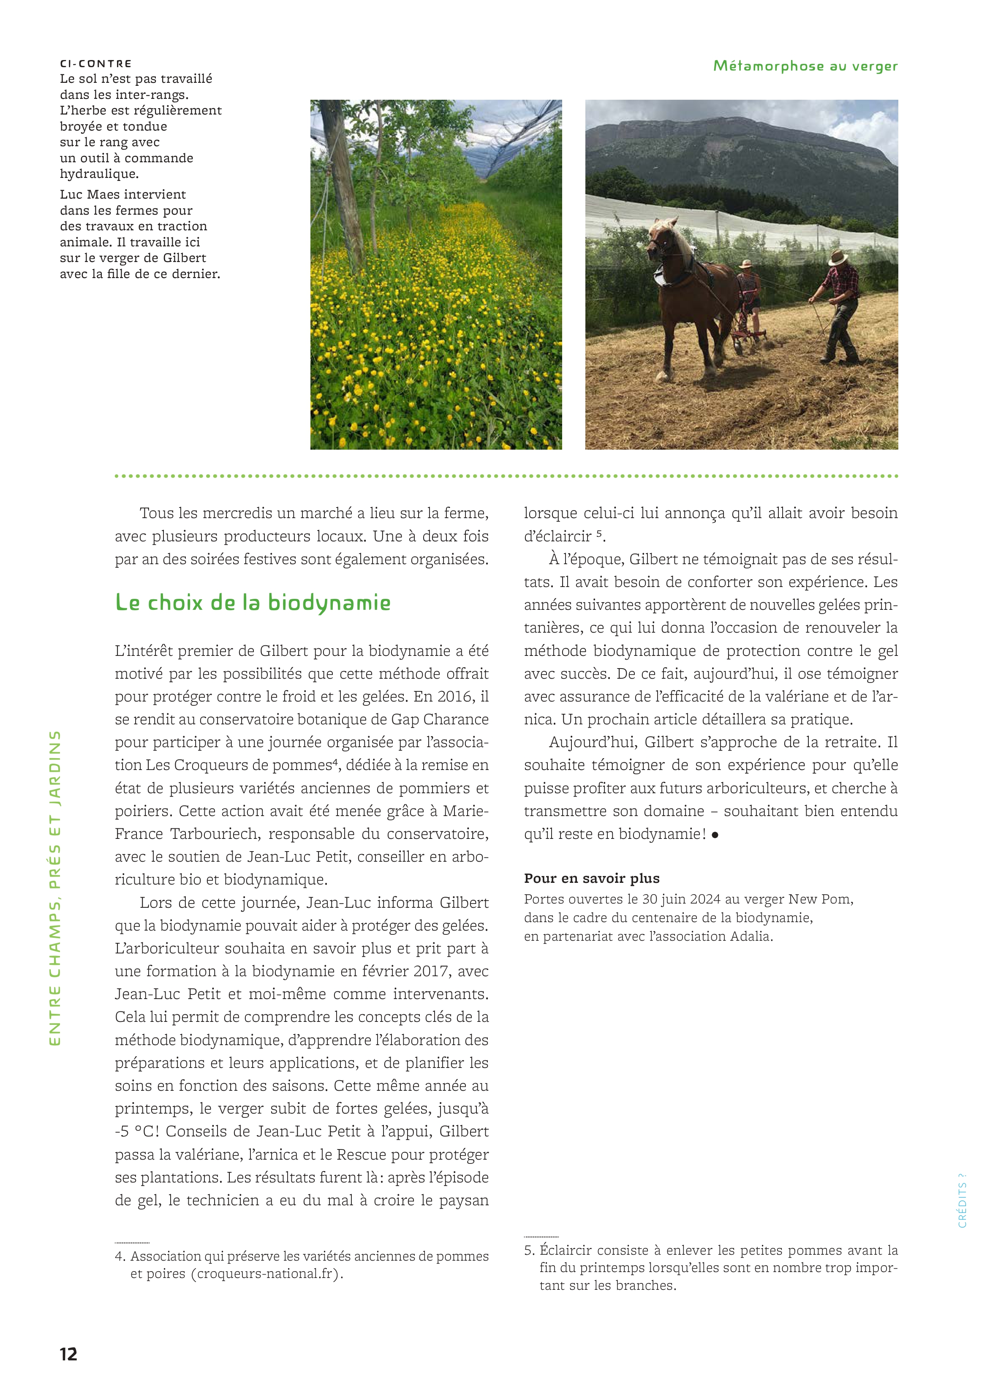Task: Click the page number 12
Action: (68, 1354)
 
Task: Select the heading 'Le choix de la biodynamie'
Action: (253, 603)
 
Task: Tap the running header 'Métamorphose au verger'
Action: (805, 66)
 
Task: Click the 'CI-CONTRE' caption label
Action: (96, 63)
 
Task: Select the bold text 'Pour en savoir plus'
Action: (591, 878)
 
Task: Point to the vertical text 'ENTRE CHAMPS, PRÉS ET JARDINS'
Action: (55, 888)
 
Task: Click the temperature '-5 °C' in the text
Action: (136, 1131)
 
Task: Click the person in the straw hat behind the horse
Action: (748, 283)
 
